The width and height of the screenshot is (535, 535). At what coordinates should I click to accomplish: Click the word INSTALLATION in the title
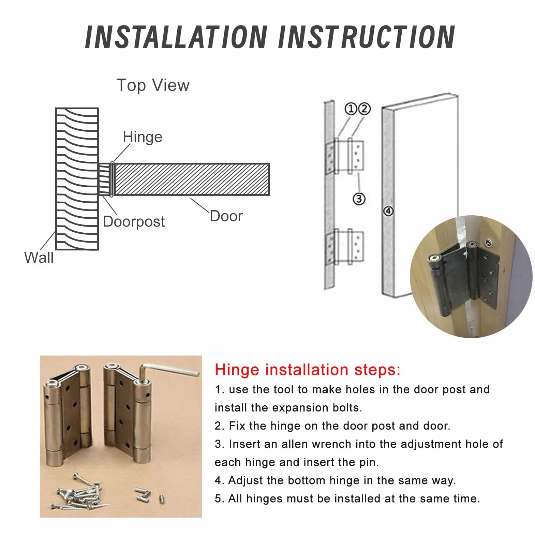tap(176, 37)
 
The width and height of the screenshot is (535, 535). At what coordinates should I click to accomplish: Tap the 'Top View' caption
tap(153, 85)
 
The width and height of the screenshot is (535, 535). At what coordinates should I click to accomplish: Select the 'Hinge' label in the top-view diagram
tap(143, 138)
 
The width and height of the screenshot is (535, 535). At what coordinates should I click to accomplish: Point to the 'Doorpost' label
tap(134, 221)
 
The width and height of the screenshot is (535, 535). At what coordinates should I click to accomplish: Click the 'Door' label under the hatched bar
tap(226, 216)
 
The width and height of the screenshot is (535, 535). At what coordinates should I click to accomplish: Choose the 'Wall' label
tap(39, 257)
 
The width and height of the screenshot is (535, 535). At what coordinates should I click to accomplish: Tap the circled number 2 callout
tap(364, 109)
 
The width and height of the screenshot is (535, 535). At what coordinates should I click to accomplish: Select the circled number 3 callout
tap(359, 199)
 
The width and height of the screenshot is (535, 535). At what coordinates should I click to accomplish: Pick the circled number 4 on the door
tap(388, 211)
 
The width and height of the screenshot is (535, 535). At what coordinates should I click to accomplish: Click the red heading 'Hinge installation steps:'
tap(308, 370)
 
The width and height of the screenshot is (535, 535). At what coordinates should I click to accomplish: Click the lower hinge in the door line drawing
tap(344, 247)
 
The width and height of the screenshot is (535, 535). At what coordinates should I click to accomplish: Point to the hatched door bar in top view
tap(192, 179)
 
